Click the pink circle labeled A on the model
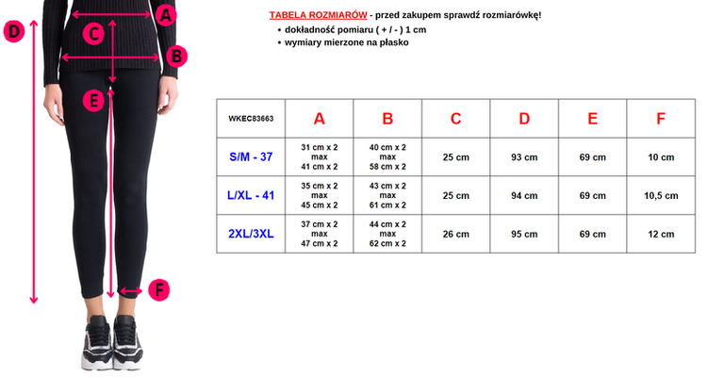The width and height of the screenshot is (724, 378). pos(165,14)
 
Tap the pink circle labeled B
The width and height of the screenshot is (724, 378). pos(175,57)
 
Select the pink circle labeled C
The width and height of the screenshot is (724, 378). pos(92,34)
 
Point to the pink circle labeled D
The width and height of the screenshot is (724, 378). pos(13,32)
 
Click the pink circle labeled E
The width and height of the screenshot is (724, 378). pos(91,99)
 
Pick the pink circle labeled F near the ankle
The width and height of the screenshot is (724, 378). pos(159,290)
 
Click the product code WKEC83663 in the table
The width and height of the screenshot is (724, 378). pos(250,119)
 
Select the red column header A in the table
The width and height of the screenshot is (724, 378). pos(319,119)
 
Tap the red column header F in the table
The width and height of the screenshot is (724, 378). pos(660,119)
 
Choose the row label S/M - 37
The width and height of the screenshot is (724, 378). pos(250,156)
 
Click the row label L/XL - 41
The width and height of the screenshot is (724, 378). pos(250,195)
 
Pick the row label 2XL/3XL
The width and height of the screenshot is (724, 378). pos(250,234)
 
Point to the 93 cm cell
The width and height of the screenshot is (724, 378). pos(524,156)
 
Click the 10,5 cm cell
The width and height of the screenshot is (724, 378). pos(660,195)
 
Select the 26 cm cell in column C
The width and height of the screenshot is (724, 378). pos(455,234)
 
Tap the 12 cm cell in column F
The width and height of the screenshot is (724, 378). pos(660,234)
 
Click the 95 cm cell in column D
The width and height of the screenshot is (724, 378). pos(524,234)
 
